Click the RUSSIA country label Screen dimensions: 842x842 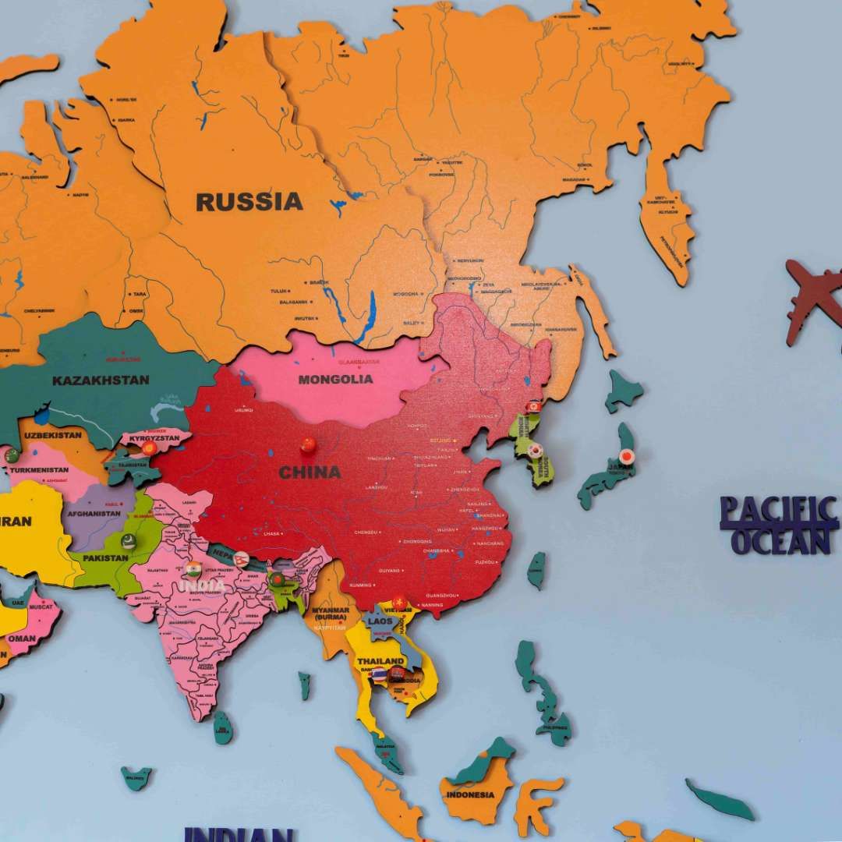249,201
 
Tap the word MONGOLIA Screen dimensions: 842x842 335,380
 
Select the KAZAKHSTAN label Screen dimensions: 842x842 101,380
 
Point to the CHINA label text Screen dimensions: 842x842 310,472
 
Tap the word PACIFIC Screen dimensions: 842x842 778,511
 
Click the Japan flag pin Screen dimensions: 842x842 626,456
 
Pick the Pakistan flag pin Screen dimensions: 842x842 129,540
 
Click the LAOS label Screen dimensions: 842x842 380,621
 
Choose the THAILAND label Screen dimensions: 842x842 380,661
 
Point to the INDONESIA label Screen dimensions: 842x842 470,794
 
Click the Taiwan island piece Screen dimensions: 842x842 536,570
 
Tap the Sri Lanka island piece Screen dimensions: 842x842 223,727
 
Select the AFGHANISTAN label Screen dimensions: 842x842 94,514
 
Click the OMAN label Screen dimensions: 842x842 22,638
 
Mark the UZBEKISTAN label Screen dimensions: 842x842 53,434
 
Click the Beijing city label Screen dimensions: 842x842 440,440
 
